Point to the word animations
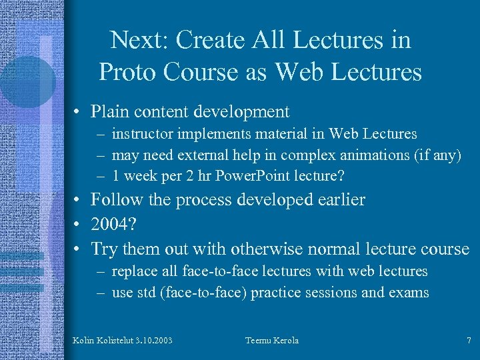point(363,156)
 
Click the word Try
point(104,249)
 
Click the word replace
point(132,271)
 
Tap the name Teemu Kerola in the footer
point(272,341)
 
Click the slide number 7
point(469,341)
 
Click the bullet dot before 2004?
point(78,225)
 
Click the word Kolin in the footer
point(83,341)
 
